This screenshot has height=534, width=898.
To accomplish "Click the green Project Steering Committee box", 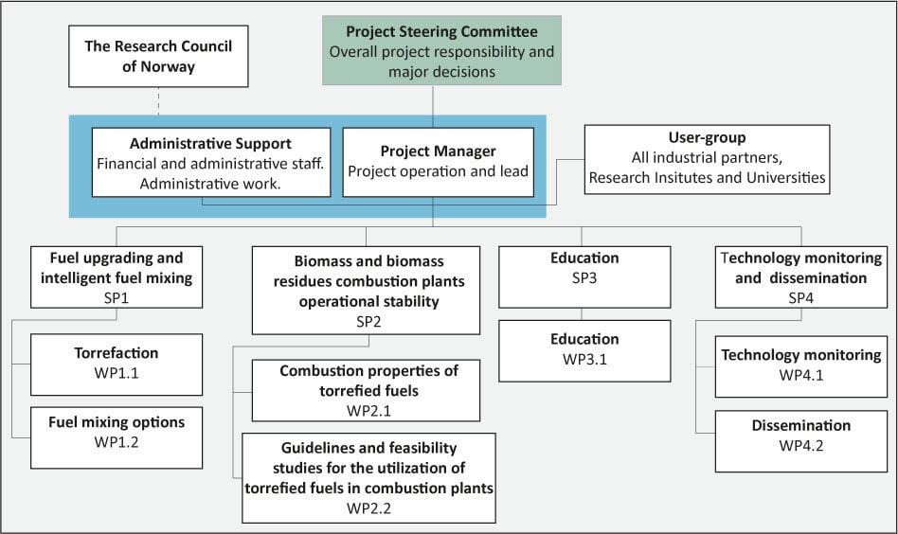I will tap(441, 51).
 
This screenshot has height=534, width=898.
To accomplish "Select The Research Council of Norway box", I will tap(157, 55).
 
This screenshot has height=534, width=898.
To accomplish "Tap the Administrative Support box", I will tap(210, 162).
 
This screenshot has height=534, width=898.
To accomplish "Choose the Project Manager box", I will tap(438, 162).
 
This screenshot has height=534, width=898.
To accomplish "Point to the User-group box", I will tap(706, 158).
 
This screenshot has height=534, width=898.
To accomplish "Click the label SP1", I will tap(117, 296).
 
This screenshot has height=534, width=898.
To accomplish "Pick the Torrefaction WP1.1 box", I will tap(117, 363).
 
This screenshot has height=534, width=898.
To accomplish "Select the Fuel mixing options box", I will tap(117, 433).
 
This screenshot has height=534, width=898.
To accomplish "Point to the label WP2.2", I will tap(368, 507).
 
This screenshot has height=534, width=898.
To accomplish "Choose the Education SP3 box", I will tap(584, 276).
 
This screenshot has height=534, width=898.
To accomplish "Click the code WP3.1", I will tap(584, 358).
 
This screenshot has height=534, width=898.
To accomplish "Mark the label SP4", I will tap(801, 296).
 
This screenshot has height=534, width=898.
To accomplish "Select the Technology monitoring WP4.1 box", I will tap(801, 365).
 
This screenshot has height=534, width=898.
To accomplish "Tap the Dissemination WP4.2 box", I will tap(801, 436).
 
